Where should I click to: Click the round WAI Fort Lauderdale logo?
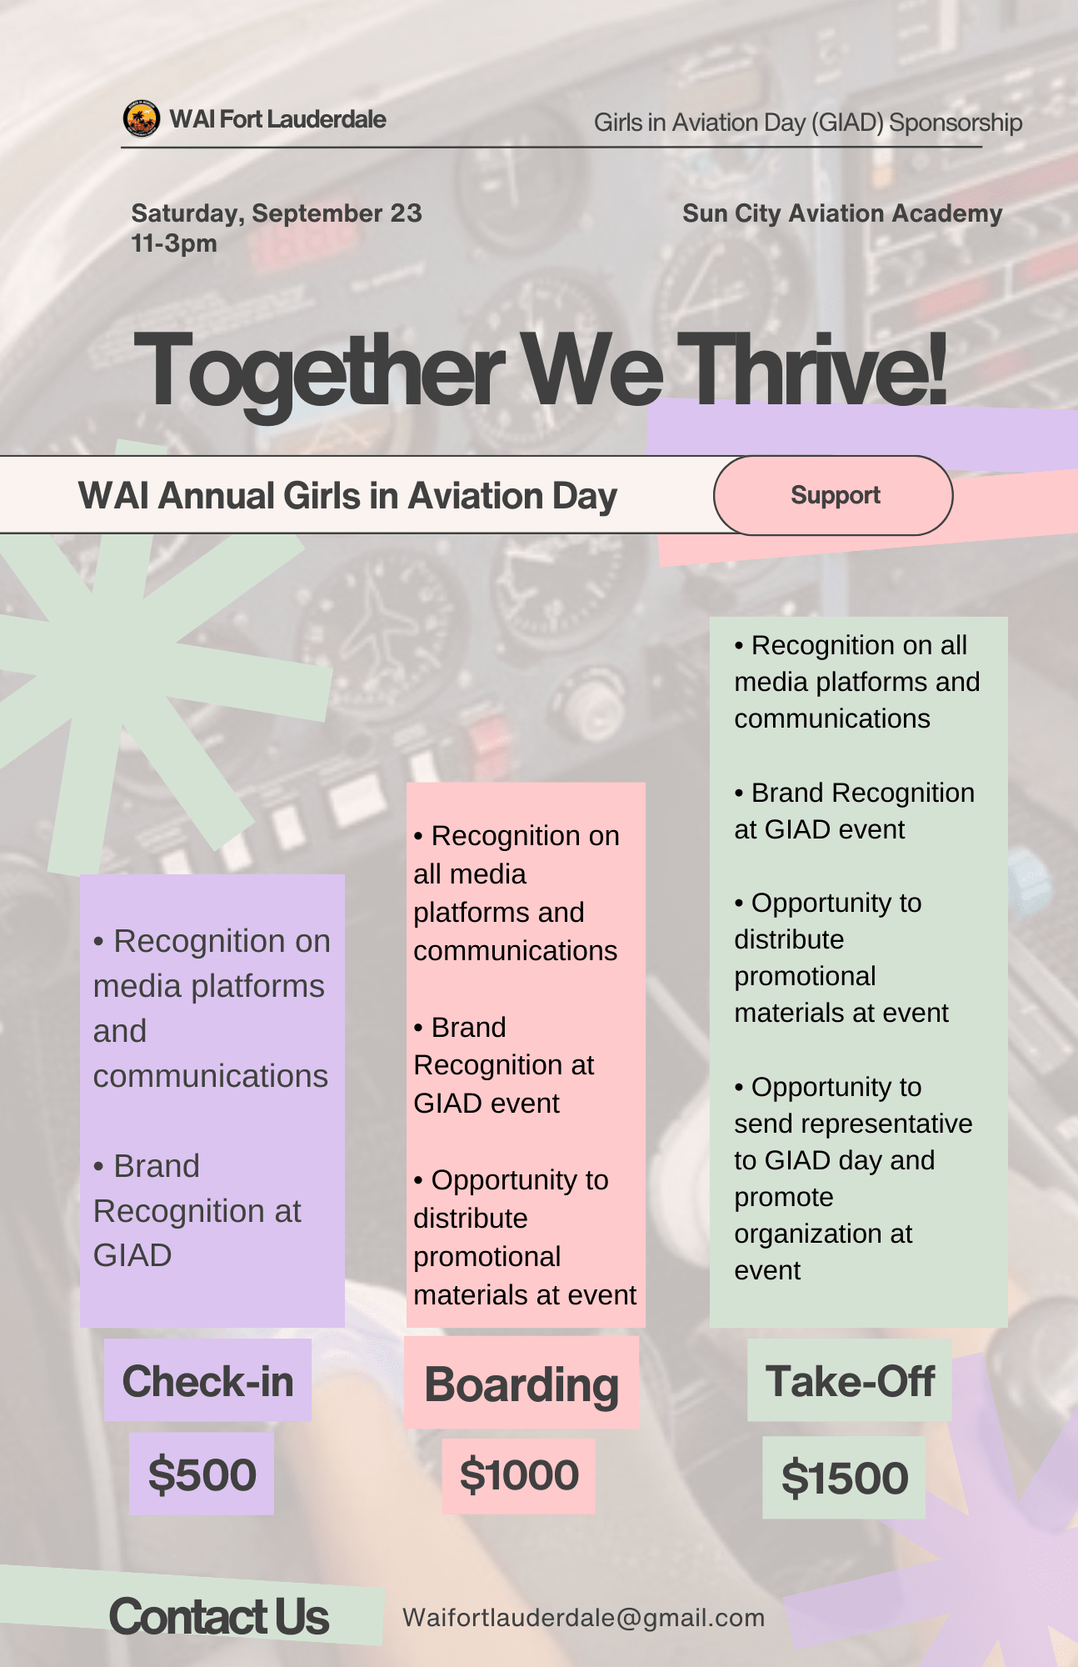142,119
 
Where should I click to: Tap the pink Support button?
833,495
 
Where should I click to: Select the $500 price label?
202,1474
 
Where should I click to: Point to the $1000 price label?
519,1475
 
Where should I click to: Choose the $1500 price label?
844,1478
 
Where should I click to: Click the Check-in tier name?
207,1381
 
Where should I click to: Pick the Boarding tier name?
522,1384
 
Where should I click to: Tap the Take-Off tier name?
850,1381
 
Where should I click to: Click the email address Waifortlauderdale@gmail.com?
583,1618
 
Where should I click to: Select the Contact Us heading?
219,1617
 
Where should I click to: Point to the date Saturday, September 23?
277,213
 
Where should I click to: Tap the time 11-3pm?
174,243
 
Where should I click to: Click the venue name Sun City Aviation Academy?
842,213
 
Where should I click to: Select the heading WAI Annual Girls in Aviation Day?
347,496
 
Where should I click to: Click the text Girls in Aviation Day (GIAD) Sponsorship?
808,123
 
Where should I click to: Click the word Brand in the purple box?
157,1166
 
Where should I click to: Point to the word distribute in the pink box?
471,1219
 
